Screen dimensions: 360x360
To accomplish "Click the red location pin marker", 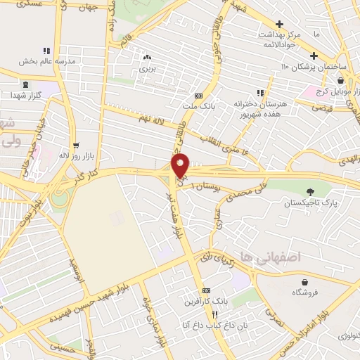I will [x=181, y=165].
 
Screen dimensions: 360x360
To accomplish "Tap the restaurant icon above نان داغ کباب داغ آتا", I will [x=216, y=314].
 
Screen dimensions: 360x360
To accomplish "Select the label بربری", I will [x=146, y=69].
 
